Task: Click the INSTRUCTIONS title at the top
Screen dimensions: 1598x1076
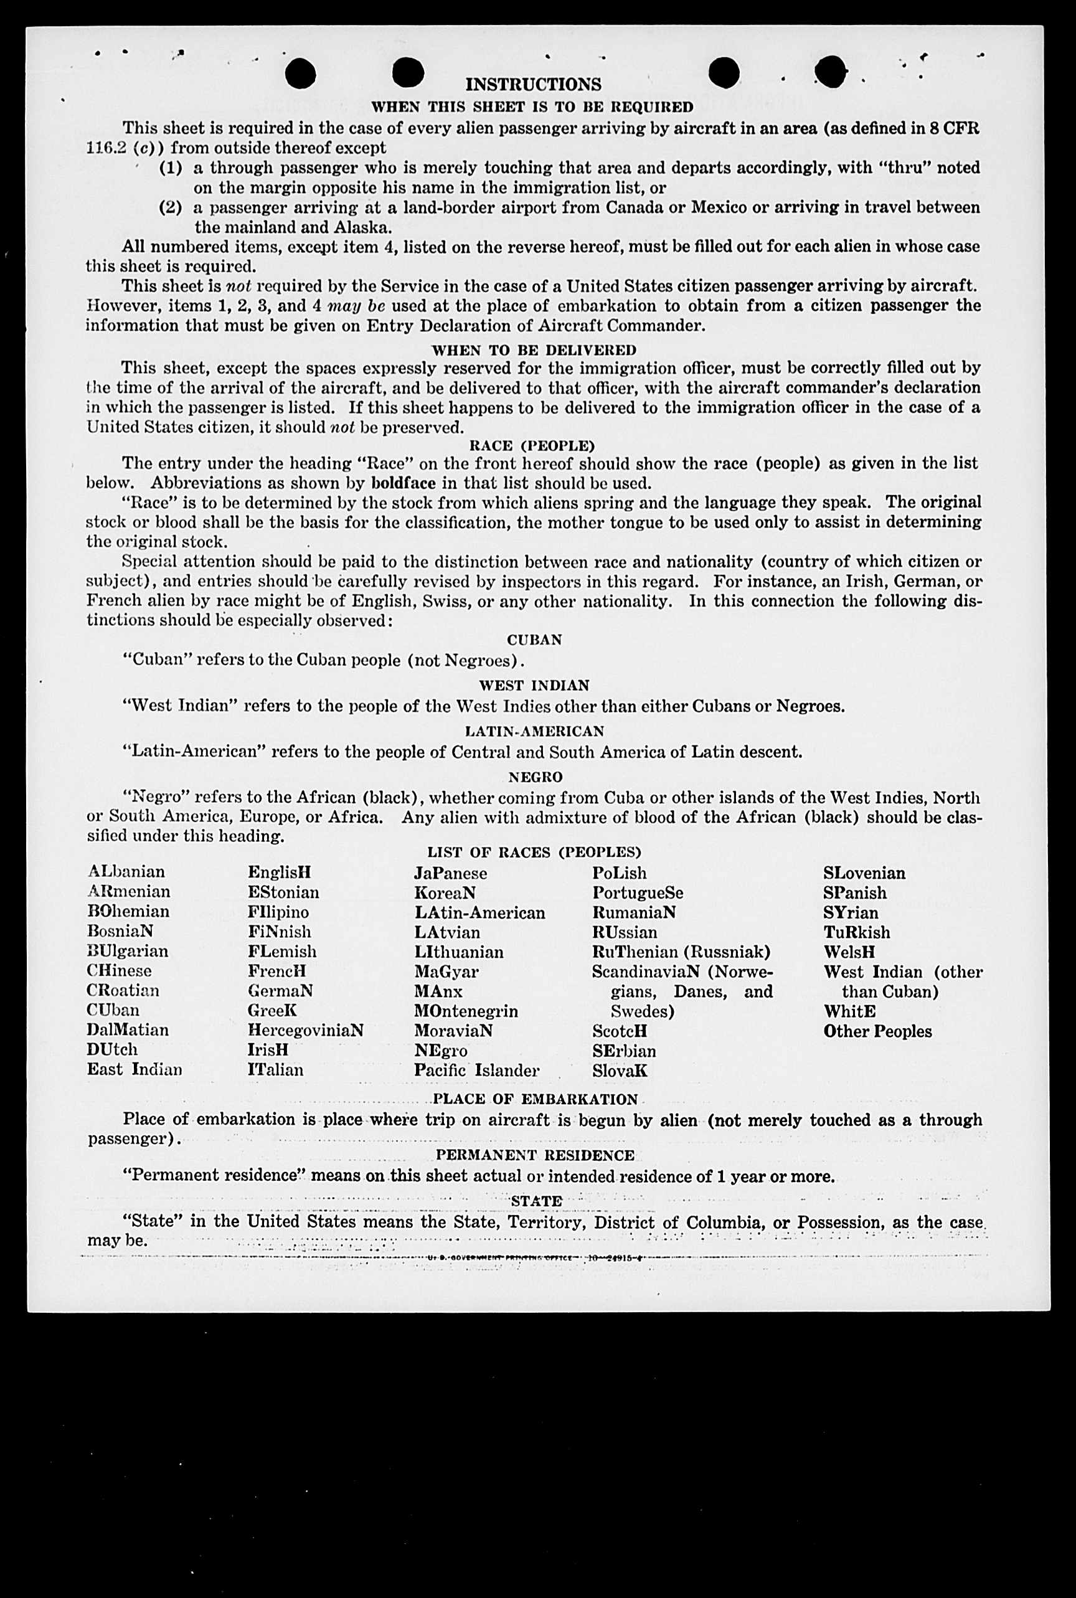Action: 533,85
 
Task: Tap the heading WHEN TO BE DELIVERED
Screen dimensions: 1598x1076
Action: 533,350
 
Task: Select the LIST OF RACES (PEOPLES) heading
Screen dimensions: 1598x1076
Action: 534,852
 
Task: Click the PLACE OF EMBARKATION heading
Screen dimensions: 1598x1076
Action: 536,1099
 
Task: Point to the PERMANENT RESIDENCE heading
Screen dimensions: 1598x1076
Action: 534,1155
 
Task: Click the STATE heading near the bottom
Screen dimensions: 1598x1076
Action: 536,1201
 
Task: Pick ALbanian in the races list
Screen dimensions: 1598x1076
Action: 126,872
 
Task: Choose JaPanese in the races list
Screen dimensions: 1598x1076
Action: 450,874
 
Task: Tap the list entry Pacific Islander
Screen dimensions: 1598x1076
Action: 476,1071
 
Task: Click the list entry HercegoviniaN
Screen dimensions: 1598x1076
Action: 305,1031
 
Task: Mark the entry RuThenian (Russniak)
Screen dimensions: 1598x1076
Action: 681,952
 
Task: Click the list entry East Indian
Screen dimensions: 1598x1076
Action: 134,1070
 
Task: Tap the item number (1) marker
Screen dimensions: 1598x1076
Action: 170,168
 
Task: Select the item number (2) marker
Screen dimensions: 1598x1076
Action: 170,207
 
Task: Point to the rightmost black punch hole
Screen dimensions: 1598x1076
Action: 831,72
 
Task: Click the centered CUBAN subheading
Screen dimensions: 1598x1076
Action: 534,640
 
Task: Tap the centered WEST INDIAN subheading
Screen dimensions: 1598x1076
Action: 534,686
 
